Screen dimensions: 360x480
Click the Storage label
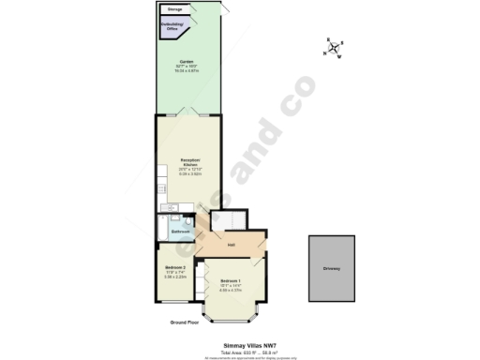[175, 9]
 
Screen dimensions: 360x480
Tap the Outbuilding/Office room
[173, 27]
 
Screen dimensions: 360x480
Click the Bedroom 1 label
[231, 280]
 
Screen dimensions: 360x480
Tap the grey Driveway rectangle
[332, 268]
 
